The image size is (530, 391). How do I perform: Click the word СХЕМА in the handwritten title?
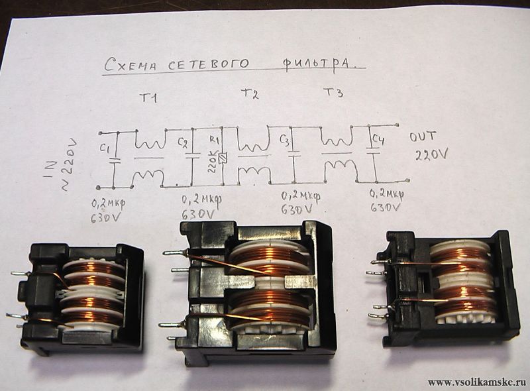[x=131, y=64]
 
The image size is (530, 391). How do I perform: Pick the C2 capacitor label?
[x=184, y=142]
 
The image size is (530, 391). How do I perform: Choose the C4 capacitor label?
[x=378, y=140]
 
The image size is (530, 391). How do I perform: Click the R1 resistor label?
[x=214, y=140]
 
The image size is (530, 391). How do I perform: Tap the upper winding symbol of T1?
[x=150, y=142]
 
